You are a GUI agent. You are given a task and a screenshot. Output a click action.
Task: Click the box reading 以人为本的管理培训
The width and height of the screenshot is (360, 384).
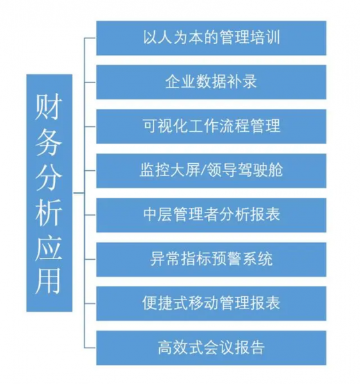(211, 38)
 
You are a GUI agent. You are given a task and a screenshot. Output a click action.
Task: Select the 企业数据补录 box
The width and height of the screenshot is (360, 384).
(211, 82)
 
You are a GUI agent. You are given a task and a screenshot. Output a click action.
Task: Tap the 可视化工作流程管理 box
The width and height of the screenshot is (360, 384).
(211, 126)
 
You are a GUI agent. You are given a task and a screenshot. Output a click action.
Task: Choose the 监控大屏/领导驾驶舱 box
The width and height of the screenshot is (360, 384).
(211, 171)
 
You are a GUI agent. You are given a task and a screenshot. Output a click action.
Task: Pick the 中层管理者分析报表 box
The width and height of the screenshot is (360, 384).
(211, 215)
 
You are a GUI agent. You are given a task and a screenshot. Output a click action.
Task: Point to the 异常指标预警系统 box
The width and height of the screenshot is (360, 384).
(211, 260)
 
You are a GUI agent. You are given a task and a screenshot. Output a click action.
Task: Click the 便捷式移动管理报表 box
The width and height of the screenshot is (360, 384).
(211, 303)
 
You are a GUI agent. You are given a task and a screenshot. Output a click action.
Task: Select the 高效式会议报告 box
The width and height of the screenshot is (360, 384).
(211, 348)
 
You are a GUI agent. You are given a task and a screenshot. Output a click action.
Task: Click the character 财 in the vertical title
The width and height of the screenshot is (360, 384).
(49, 107)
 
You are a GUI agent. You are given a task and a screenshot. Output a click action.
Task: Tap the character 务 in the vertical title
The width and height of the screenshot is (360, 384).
(49, 142)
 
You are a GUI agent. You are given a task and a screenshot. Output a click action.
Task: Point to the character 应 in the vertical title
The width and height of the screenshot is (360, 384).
(49, 248)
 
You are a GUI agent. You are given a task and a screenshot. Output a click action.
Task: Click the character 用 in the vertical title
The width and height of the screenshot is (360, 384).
(49, 282)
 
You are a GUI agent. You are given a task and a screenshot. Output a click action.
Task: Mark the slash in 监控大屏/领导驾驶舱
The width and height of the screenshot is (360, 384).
(204, 170)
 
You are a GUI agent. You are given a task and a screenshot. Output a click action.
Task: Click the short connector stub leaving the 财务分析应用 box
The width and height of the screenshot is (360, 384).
(79, 193)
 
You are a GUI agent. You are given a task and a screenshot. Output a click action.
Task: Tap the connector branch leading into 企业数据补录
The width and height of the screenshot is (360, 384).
(90, 83)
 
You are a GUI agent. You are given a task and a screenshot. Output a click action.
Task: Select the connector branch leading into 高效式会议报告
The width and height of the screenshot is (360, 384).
(90, 348)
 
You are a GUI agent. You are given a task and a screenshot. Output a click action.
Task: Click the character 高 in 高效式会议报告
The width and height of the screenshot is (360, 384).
(165, 348)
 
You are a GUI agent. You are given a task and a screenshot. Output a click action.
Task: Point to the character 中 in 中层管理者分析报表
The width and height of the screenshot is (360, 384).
(150, 214)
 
